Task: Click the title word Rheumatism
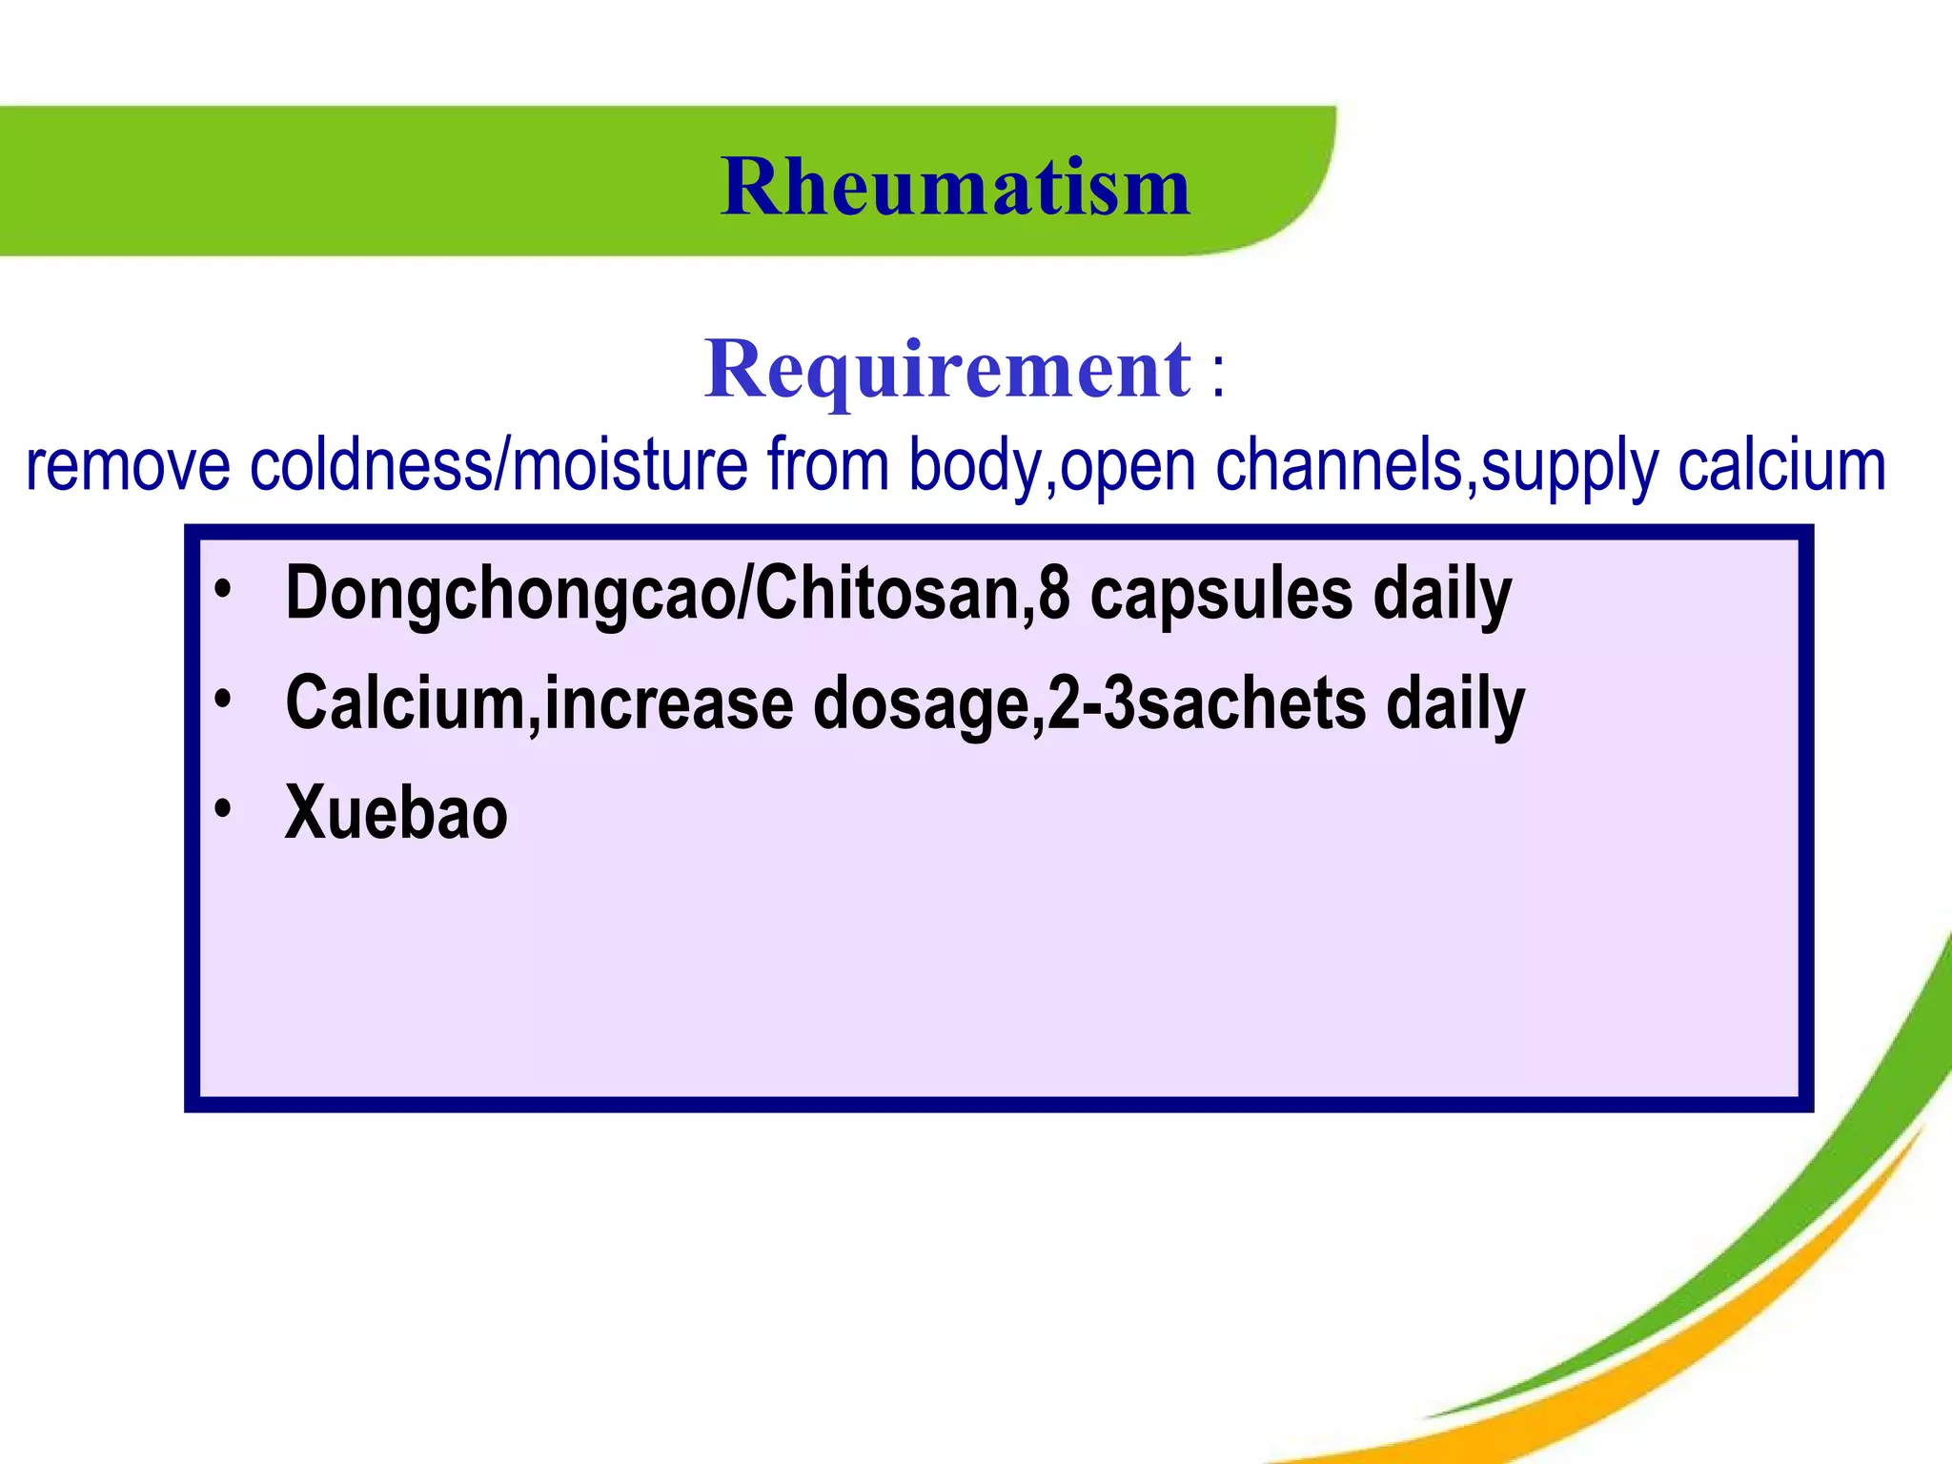point(955,186)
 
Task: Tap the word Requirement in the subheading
point(947,369)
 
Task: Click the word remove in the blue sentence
point(128,466)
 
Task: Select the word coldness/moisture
point(498,466)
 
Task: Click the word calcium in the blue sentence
point(1781,466)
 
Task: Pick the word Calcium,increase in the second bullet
point(539,703)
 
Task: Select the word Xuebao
point(396,813)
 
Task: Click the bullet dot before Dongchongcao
point(223,590)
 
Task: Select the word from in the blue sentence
point(827,466)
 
